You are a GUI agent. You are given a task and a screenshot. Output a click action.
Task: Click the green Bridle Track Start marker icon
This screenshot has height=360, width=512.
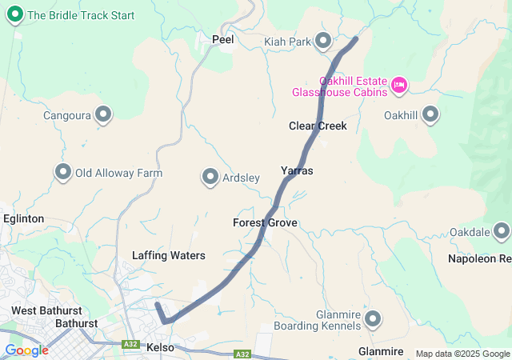(15, 15)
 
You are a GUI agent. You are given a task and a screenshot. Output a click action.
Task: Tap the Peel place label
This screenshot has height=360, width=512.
(222, 38)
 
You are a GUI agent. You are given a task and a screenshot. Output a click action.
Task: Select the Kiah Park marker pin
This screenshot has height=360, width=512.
(323, 40)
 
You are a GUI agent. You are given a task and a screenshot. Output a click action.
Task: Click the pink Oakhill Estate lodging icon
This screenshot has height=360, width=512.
(399, 84)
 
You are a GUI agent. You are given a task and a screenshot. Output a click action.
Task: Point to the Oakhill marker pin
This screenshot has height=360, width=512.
(430, 115)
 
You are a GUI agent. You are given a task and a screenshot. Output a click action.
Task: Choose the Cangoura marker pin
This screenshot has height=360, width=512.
(102, 115)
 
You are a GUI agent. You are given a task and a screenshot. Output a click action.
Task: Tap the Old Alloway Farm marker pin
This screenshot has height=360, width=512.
(62, 172)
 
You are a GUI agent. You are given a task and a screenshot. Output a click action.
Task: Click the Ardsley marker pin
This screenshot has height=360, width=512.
(210, 177)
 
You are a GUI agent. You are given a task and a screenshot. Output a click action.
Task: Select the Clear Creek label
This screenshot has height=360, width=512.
(318, 126)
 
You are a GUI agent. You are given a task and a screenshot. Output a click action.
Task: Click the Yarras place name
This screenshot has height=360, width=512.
(297, 171)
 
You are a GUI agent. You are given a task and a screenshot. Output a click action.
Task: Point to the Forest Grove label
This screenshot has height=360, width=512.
(265, 222)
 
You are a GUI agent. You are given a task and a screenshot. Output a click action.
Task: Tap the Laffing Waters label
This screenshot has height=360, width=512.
(169, 256)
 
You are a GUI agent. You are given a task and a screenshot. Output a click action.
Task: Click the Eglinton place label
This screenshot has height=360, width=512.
(23, 218)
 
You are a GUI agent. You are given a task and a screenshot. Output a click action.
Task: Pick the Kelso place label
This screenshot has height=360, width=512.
(161, 347)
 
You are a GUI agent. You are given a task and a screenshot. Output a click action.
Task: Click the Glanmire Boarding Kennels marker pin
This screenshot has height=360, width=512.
(373, 320)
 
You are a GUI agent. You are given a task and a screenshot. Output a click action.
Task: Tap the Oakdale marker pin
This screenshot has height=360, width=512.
(502, 232)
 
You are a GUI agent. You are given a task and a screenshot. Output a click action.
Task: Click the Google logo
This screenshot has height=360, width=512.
(26, 350)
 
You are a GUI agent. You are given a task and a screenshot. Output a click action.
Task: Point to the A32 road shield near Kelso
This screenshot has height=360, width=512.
(130, 345)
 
